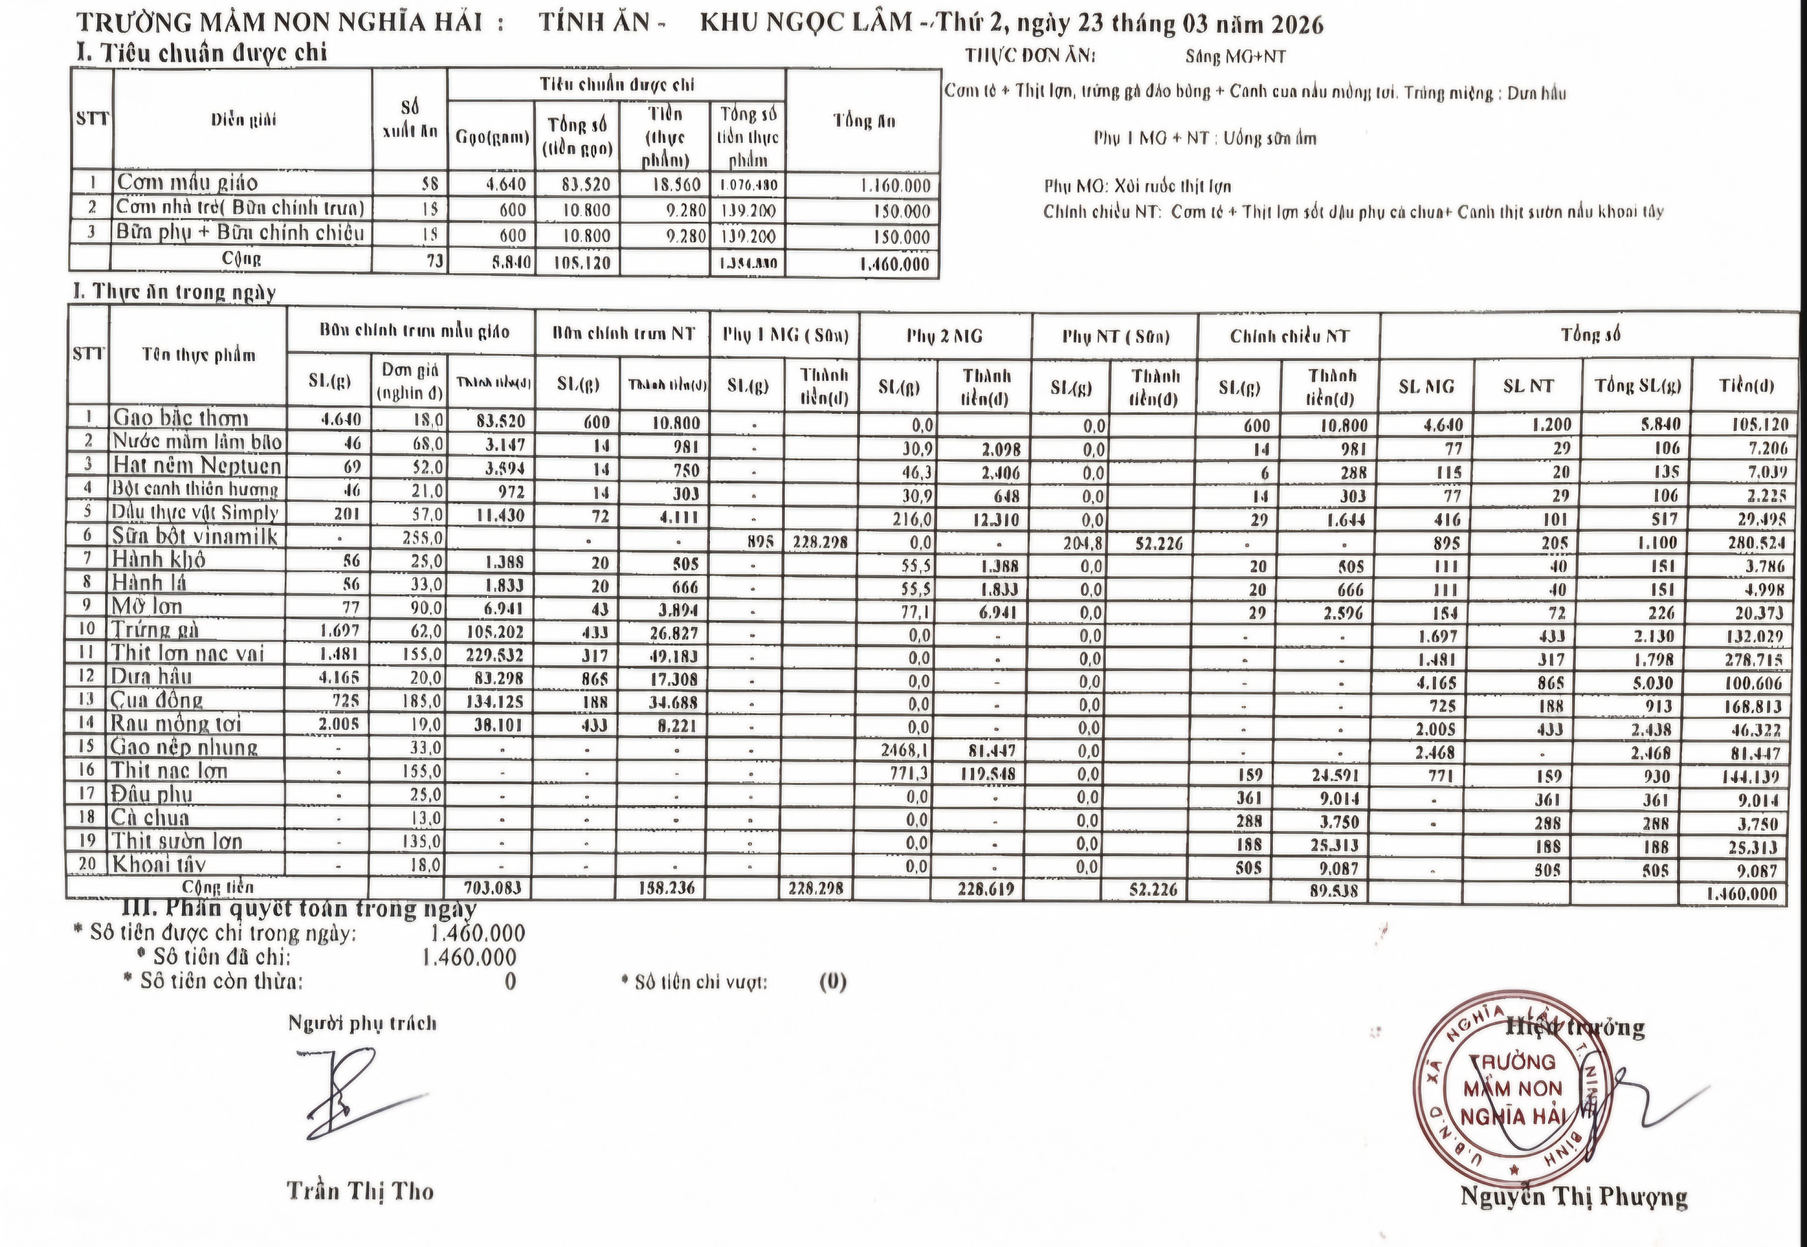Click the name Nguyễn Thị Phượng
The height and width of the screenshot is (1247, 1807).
click(x=1573, y=1197)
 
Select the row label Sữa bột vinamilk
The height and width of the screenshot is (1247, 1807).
click(x=194, y=536)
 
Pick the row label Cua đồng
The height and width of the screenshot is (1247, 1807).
click(x=157, y=700)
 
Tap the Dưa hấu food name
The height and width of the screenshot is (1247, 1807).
click(x=152, y=677)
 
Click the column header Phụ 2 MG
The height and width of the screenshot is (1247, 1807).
click(x=944, y=337)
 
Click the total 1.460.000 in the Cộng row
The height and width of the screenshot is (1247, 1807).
click(x=894, y=264)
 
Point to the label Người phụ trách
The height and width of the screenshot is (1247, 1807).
click(x=362, y=1024)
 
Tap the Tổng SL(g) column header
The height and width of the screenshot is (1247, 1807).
click(x=1636, y=385)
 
